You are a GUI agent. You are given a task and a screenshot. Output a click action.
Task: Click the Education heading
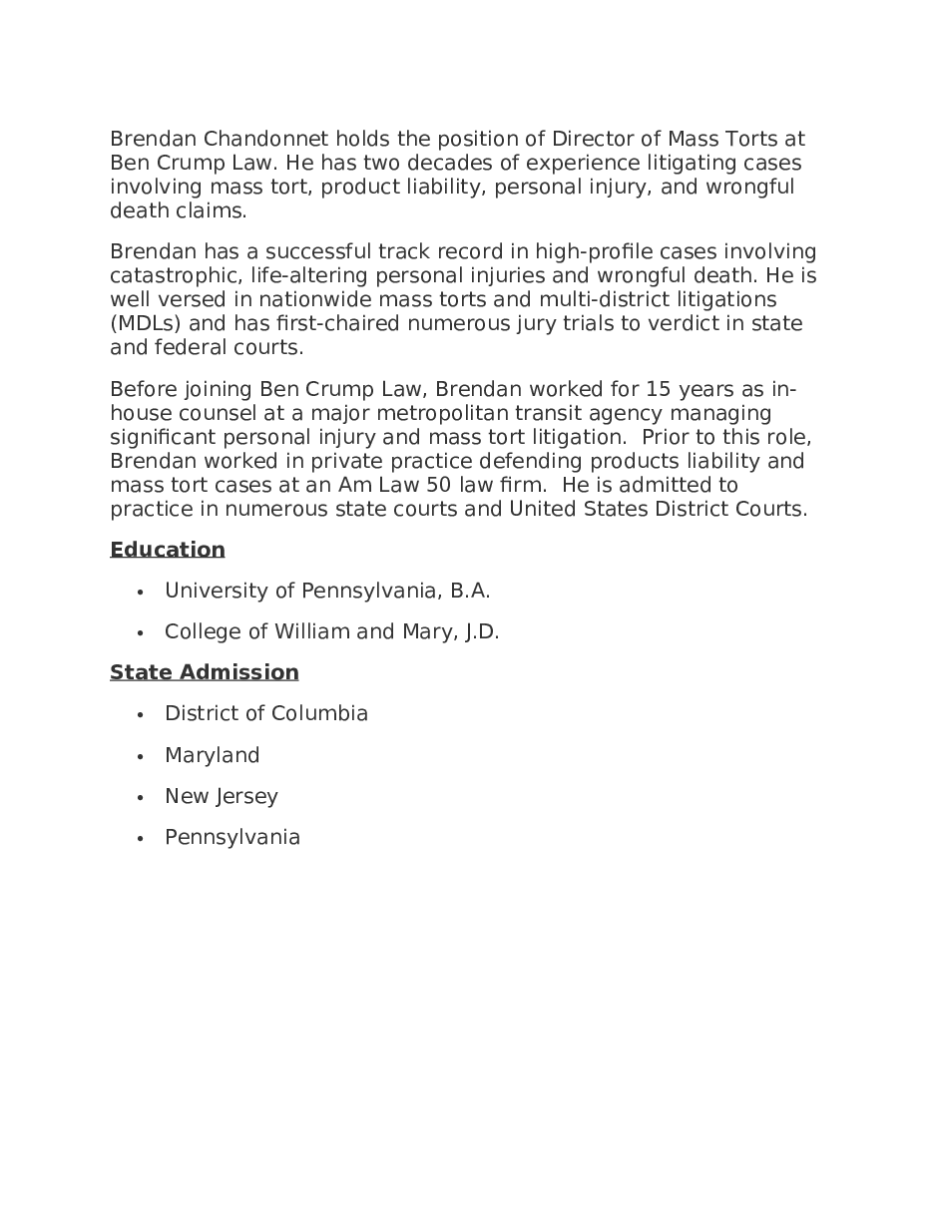point(168,550)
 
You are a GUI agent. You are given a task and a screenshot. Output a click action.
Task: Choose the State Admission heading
point(205,672)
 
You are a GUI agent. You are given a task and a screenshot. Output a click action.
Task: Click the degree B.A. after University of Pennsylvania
point(470,591)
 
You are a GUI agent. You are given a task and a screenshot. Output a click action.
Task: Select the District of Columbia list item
point(266,713)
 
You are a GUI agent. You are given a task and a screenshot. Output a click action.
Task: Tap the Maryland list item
point(213,755)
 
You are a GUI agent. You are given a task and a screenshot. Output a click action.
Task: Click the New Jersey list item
point(222,796)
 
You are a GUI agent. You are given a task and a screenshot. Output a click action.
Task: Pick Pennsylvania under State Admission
point(233,837)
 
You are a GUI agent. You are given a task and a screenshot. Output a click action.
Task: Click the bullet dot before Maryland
point(141,756)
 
